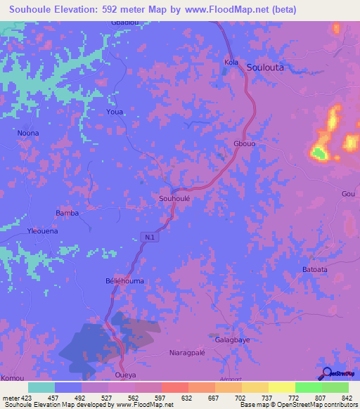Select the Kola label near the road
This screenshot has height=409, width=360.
(x=231, y=63)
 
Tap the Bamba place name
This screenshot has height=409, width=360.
(x=67, y=213)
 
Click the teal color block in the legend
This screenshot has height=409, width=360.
(x=41, y=387)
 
